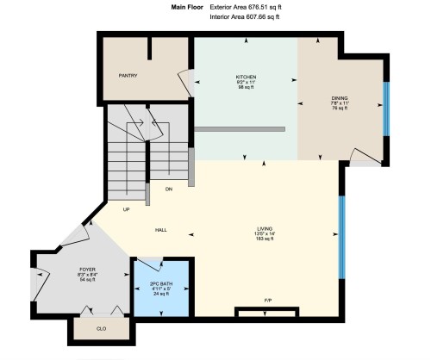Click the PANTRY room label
[x=128, y=76]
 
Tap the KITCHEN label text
[x=247, y=77]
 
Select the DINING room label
[x=340, y=99]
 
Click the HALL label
[x=161, y=230]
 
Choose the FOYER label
[x=87, y=270]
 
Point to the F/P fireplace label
[x=268, y=300]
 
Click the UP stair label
[x=127, y=209]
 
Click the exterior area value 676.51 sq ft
[x=261, y=6]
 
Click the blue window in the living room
[x=342, y=236]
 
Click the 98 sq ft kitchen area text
[x=247, y=89]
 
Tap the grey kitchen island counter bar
[x=239, y=128]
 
